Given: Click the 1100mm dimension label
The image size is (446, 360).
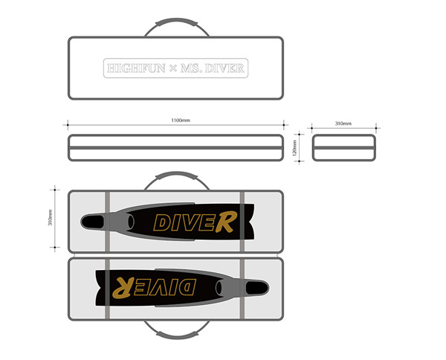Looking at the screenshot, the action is [x=181, y=120].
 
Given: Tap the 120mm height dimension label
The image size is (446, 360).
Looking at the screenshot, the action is [x=294, y=148].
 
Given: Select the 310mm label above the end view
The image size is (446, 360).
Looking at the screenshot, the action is [x=343, y=123].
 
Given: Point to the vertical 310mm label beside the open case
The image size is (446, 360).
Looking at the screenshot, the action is [x=50, y=218].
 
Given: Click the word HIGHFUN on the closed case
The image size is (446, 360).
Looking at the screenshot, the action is [x=136, y=68].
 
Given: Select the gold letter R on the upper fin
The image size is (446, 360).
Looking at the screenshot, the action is [x=226, y=222].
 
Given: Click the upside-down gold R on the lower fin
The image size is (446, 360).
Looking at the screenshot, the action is [x=123, y=288].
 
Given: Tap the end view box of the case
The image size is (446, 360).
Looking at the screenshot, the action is [x=343, y=148].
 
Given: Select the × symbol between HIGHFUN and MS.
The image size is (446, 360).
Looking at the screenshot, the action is [x=173, y=68].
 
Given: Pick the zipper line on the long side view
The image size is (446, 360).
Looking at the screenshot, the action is [x=175, y=148].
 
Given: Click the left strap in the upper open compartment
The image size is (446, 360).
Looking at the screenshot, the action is [x=108, y=222].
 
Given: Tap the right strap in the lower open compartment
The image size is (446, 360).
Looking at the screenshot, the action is [x=242, y=289].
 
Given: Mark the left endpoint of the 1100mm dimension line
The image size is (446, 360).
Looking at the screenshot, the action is [x=68, y=125].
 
